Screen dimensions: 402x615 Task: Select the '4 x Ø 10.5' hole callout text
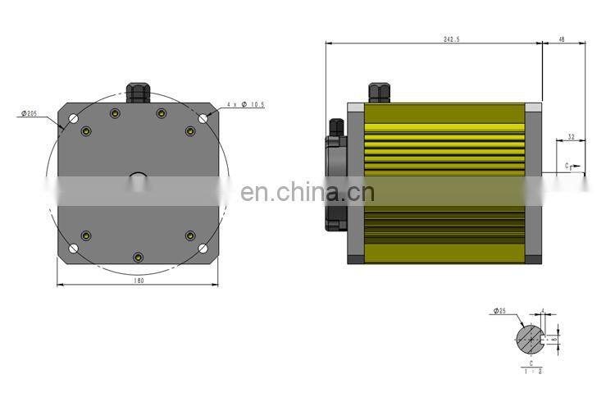pos(246,105)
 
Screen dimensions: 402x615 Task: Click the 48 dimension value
pos(562,38)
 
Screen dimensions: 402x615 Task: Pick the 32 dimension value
pos(570,137)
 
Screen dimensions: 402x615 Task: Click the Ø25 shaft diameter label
pos(499,311)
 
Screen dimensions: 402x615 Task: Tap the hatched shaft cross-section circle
pos(530,337)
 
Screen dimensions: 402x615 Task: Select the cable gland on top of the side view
pos(378,91)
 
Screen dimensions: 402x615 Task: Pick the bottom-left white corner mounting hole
pos(73,248)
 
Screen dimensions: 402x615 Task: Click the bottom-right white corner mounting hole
pos(202,248)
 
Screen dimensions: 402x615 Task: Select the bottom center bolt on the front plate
pos(137,258)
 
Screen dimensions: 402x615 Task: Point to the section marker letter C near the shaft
pos(567,166)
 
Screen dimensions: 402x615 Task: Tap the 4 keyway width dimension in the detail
pos(543,312)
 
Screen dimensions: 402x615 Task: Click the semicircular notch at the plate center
pos(138,175)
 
